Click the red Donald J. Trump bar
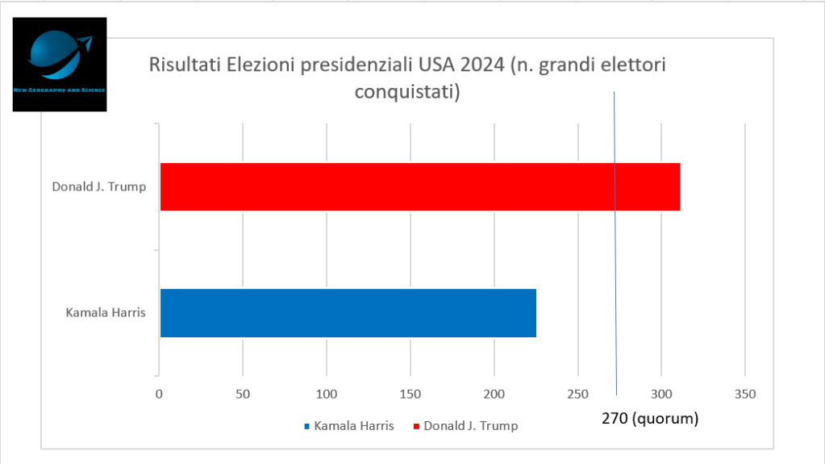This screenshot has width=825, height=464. coord(419,186)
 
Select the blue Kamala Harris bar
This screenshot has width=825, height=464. coord(348,312)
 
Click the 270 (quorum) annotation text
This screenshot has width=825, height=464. coord(649,419)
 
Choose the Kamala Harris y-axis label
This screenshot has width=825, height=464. coord(106,312)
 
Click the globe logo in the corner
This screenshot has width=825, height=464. coord(60,63)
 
